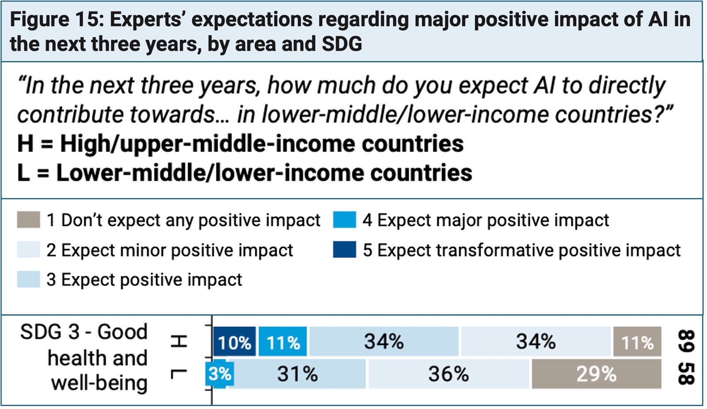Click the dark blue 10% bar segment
tap(234, 342)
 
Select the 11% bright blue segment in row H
tap(282, 342)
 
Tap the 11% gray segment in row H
tap(637, 342)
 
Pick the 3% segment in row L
tap(220, 374)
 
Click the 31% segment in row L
tap(297, 374)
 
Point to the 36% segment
tap(448, 374)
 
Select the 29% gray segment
tap(596, 374)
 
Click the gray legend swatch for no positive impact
tap(28, 220)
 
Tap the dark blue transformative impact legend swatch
tap(345, 250)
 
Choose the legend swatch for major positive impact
tap(345, 220)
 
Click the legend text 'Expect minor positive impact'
tap(176, 250)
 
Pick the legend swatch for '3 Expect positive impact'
tap(28, 280)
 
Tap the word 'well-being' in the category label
tap(99, 383)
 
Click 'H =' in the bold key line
tap(35, 144)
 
